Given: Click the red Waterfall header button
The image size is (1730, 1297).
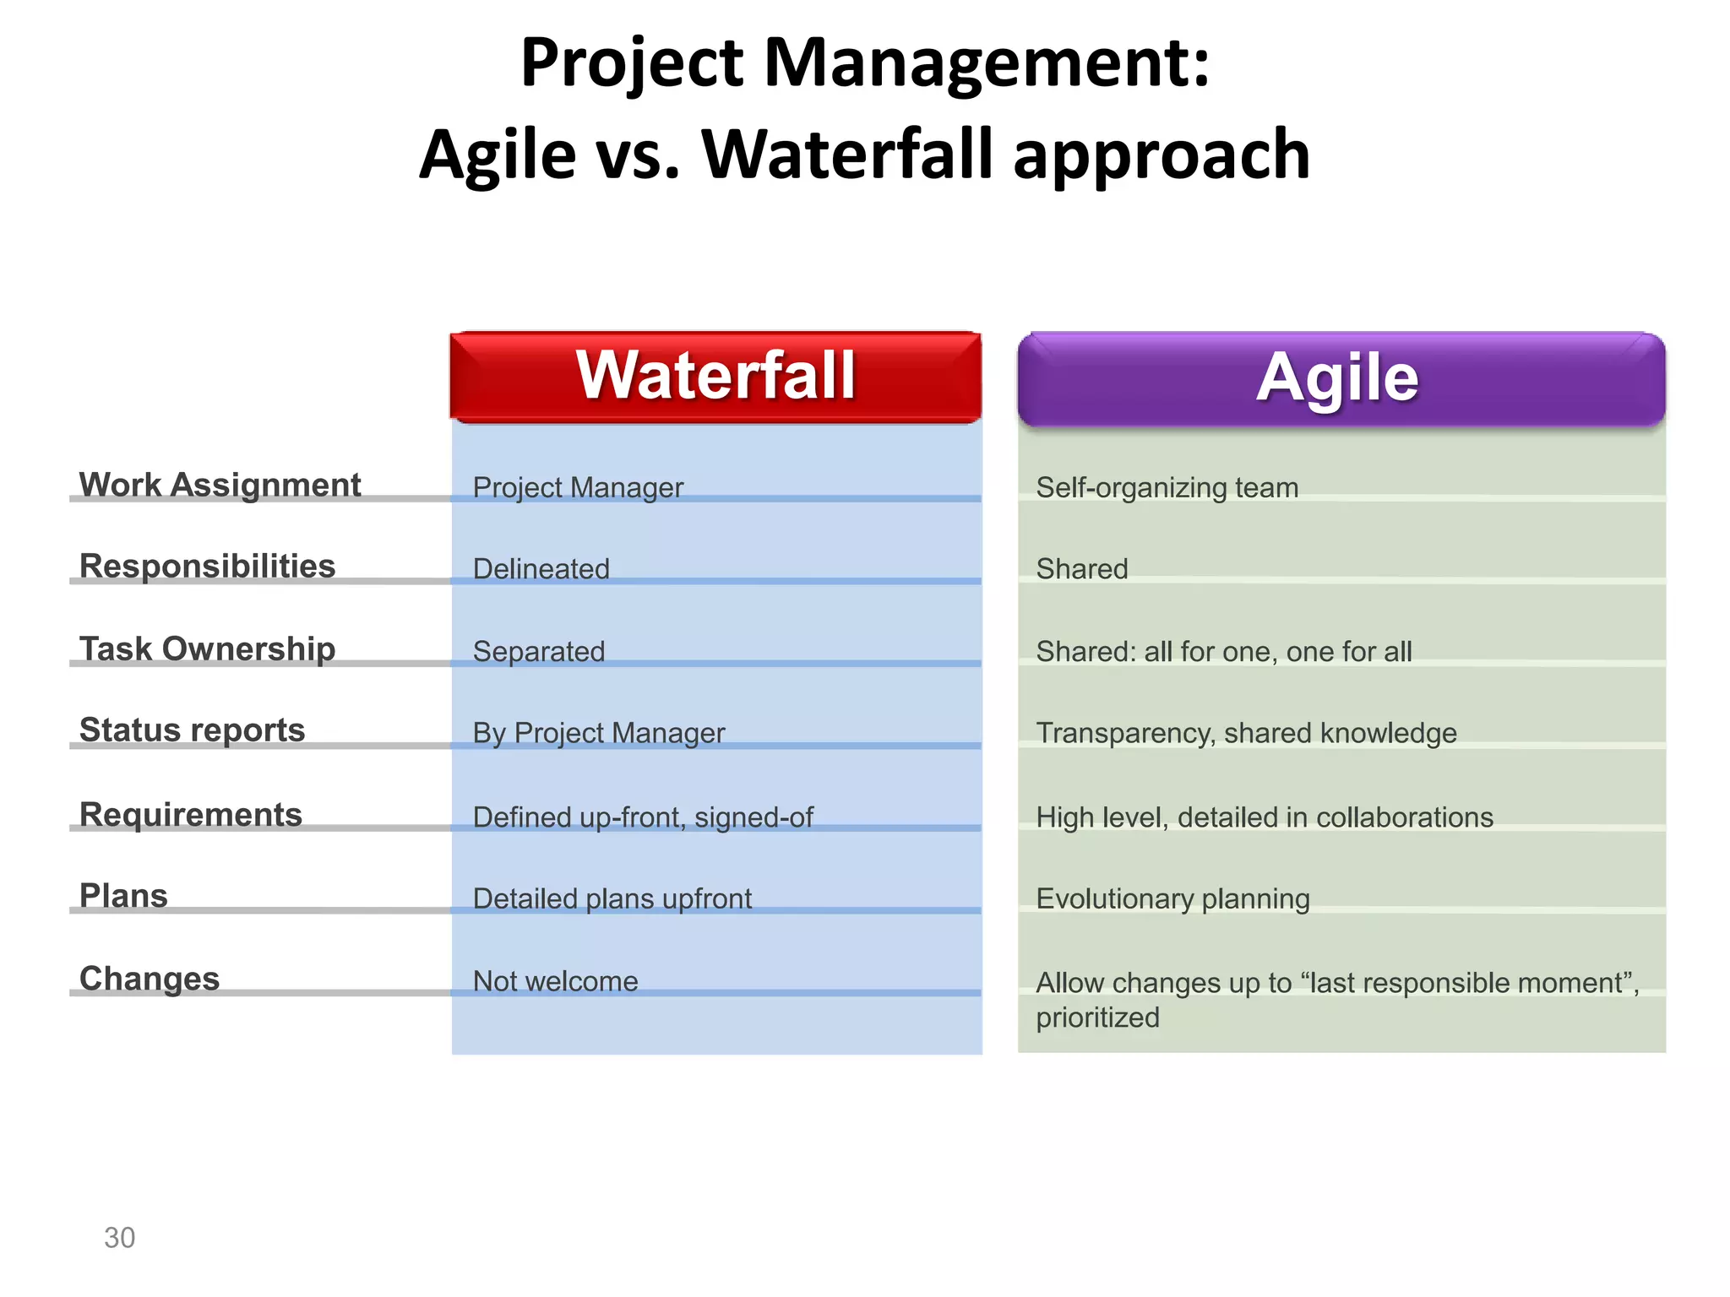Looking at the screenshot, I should [x=715, y=377].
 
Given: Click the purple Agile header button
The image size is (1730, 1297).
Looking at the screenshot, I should [x=1341, y=378].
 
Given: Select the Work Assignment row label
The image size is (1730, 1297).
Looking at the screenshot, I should [x=220, y=485].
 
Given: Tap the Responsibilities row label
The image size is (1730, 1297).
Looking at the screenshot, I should [x=207, y=566].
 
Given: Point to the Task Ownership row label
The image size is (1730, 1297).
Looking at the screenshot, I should [x=207, y=648].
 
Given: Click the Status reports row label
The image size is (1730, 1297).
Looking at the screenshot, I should [x=192, y=730].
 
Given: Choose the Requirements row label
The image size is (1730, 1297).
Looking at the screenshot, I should [x=190, y=814].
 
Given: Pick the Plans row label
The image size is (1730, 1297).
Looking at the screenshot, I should [x=123, y=895].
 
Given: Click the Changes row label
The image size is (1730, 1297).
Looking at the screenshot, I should [x=150, y=978].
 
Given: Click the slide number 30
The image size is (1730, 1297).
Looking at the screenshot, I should [x=119, y=1237].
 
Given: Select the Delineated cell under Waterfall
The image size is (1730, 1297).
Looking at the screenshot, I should [x=541, y=568].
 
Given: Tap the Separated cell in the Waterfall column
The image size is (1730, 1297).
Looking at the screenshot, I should [x=538, y=651].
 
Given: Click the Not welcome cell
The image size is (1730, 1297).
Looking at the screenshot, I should [x=555, y=980].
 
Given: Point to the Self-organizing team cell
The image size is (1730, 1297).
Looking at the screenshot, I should [x=1167, y=487].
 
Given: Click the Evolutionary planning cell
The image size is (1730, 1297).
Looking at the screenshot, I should [x=1172, y=898].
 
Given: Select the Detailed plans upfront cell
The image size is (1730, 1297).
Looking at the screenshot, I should [x=612, y=898].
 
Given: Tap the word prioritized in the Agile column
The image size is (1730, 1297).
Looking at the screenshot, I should [x=1097, y=1018].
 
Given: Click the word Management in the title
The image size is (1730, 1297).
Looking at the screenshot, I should [x=986, y=63].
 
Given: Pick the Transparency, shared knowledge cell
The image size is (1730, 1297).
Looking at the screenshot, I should [x=1246, y=733].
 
